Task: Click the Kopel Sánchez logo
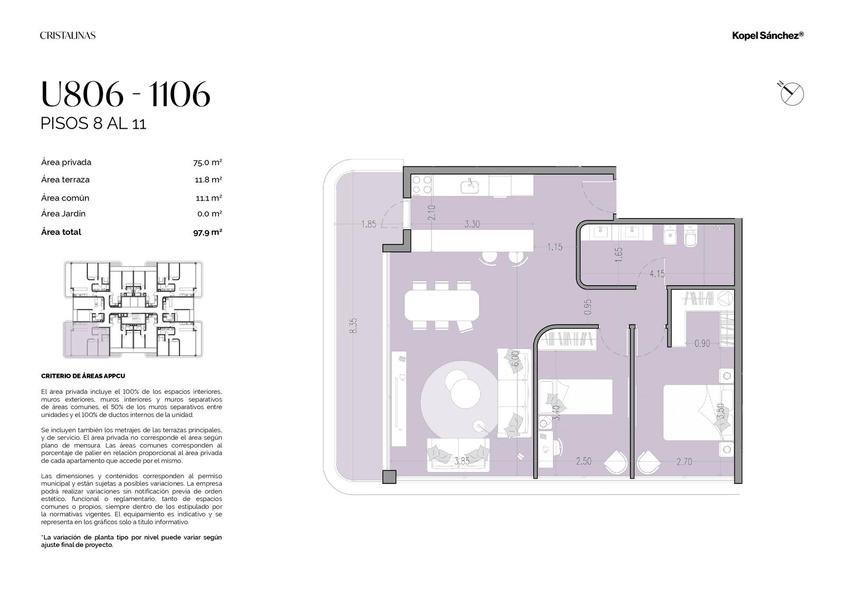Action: (x=768, y=35)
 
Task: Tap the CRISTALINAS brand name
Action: (x=68, y=35)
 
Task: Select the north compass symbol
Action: (x=792, y=93)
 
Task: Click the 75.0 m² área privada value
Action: (x=207, y=163)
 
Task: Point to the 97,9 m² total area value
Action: (x=208, y=232)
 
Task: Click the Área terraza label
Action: (x=65, y=179)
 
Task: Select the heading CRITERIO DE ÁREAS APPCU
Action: (x=83, y=376)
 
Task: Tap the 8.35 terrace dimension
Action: (x=353, y=326)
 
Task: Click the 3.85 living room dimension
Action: (x=462, y=461)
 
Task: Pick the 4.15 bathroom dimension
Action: (x=657, y=274)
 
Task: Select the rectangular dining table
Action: (x=442, y=305)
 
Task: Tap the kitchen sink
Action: (x=470, y=187)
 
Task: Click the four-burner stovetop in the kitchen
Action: (x=421, y=185)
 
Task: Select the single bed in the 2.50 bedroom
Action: (x=576, y=396)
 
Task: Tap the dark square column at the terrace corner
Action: (x=389, y=477)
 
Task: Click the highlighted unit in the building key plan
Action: (x=87, y=339)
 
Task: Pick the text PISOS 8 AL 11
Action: (x=93, y=124)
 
